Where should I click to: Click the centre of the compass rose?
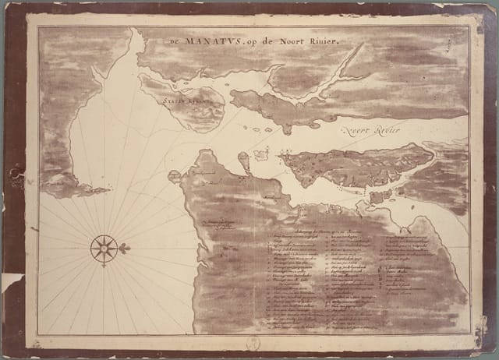click(x=103, y=249)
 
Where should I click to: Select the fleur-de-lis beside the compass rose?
click(x=124, y=248)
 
